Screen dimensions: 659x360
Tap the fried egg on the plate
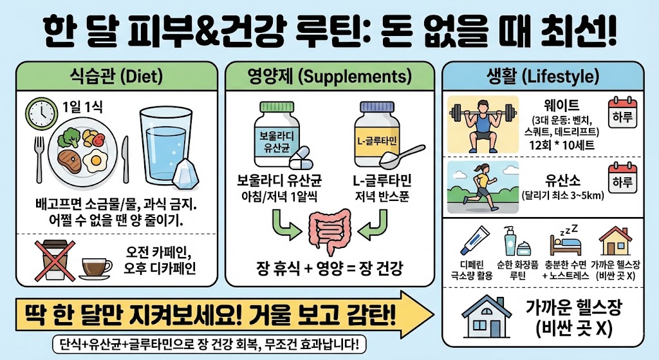pyautogui.click(x=98, y=159)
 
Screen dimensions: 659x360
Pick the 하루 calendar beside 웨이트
pyautogui.click(x=622, y=113)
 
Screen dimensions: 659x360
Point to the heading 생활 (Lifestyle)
pyautogui.click(x=543, y=78)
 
